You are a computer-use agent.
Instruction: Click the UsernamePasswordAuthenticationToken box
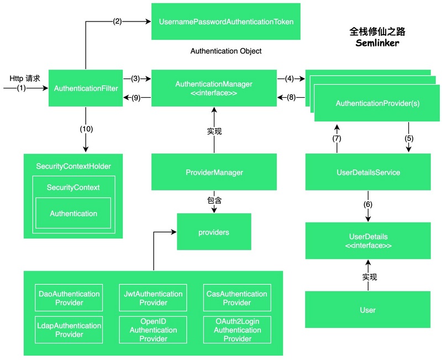pos(225,22)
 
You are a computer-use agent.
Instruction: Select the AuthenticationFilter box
pos(85,88)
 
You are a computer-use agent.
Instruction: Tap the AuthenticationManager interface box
pos(214,88)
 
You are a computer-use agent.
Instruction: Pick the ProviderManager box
pos(214,172)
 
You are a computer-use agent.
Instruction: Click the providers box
pos(214,232)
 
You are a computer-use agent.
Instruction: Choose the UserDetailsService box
pos(368,172)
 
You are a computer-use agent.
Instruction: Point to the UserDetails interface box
pos(368,241)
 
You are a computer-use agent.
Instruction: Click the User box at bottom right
pos(368,310)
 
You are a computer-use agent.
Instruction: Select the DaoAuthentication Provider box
pos(69,298)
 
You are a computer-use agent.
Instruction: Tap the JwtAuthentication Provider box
pos(153,298)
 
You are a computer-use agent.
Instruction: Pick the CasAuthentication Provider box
pos(237,298)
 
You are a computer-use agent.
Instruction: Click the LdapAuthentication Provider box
pos(69,330)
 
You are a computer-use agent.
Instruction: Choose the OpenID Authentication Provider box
pos(153,330)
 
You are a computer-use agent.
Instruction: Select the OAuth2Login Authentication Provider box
pos(237,330)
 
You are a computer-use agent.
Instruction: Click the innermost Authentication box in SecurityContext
pos(73,214)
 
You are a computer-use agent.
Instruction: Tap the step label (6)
pos(368,204)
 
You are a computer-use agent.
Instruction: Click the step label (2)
pos(118,22)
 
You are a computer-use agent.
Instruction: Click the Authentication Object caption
pos(226,51)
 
